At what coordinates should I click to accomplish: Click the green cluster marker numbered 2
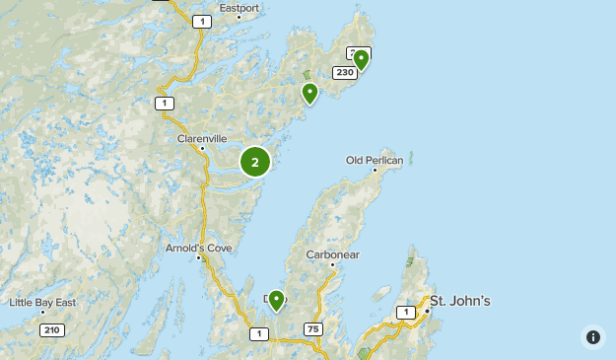[x=255, y=162]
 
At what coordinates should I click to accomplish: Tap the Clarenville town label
[x=202, y=139]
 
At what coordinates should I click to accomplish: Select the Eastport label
[x=240, y=8]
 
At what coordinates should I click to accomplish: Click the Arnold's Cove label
[x=198, y=248]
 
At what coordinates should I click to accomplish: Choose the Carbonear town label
[x=333, y=253]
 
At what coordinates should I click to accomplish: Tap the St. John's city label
[x=460, y=301]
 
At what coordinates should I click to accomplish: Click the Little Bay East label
[x=43, y=302]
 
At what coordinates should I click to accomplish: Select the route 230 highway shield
[x=344, y=72]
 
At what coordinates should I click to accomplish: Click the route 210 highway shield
[x=52, y=329]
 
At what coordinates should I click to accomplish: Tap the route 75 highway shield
[x=313, y=329]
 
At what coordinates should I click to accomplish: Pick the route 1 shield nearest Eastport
[x=202, y=21]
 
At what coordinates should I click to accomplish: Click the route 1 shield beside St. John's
[x=405, y=313]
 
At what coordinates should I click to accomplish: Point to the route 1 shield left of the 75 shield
[x=258, y=334]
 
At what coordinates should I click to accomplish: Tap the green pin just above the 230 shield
[x=362, y=59]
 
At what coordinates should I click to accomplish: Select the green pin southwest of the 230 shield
[x=310, y=93]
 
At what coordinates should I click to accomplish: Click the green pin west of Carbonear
[x=277, y=299]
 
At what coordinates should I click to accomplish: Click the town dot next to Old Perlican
[x=376, y=170]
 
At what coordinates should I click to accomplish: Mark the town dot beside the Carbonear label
[x=333, y=264]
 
